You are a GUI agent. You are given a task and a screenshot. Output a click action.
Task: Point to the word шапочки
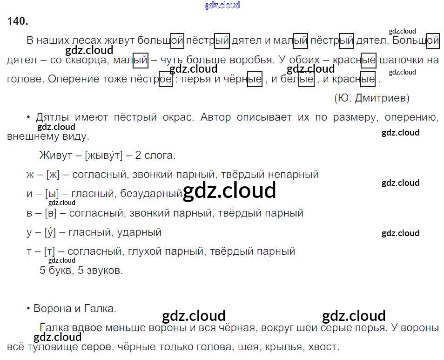402,60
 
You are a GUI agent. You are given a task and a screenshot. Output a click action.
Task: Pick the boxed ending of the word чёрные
254,79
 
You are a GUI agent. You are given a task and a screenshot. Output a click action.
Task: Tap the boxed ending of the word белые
306,79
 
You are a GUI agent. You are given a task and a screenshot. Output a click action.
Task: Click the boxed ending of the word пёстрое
165,79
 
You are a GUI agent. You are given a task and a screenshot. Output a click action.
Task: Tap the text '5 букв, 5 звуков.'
81,270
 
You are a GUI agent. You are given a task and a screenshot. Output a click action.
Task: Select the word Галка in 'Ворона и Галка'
100,308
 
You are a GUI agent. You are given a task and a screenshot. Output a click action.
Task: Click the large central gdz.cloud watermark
229,191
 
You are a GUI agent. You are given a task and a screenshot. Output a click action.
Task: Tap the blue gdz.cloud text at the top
222,5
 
